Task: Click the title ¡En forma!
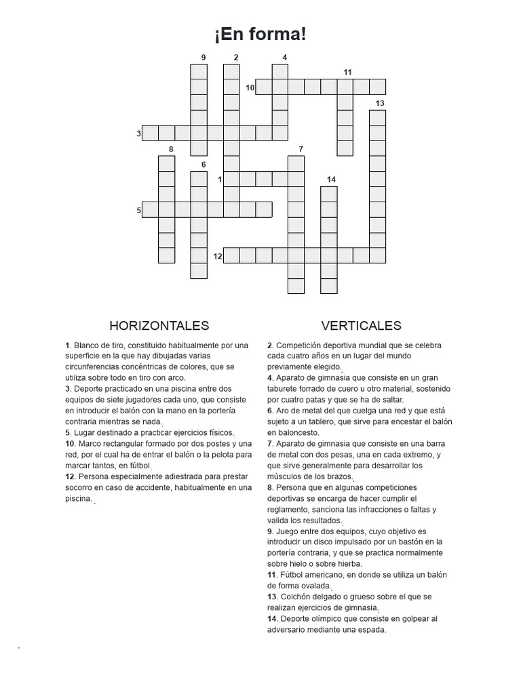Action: (x=260, y=35)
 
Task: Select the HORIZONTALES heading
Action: (x=159, y=326)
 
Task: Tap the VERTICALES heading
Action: (x=361, y=326)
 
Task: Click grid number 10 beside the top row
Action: (x=250, y=88)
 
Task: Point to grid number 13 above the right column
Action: (x=379, y=103)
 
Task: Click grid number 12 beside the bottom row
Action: (x=217, y=256)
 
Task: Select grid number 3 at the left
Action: (x=138, y=134)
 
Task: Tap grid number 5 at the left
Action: (x=138, y=210)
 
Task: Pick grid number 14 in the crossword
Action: (x=330, y=179)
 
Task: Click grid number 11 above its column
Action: (x=347, y=72)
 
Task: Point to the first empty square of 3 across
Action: (x=150, y=133)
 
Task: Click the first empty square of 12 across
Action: (x=231, y=255)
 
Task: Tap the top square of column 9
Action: (x=199, y=72)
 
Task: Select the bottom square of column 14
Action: (x=329, y=286)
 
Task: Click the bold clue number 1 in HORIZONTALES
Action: (x=67, y=345)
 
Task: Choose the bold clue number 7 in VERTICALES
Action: (x=269, y=444)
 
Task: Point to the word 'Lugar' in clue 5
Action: (x=85, y=432)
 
